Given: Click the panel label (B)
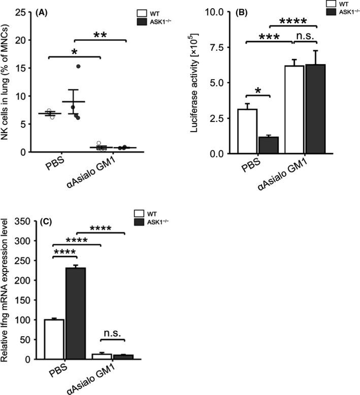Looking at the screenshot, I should [x=234, y=14].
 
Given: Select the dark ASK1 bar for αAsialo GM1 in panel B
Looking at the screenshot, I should [x=313, y=109].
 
